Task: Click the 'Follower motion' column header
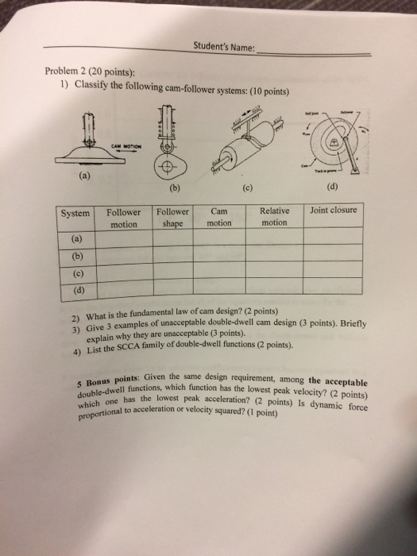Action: tap(123, 218)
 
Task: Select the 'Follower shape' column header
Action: tap(173, 218)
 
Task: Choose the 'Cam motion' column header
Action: tap(219, 218)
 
